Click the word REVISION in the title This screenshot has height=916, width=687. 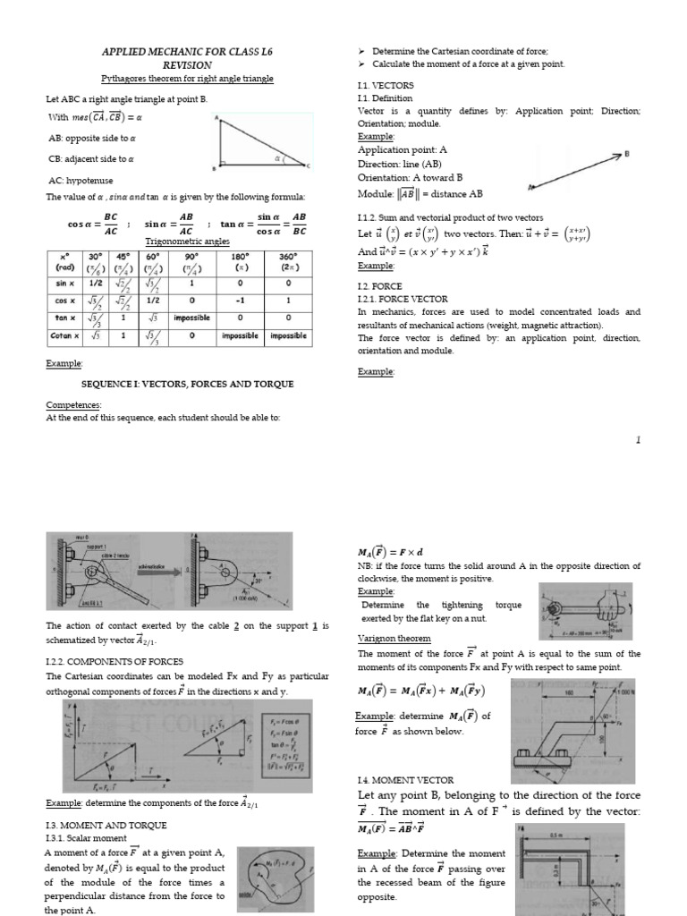(x=187, y=65)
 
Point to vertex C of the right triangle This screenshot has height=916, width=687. (x=309, y=166)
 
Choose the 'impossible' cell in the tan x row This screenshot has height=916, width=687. (x=192, y=318)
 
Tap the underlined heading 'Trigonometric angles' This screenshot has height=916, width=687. (x=187, y=242)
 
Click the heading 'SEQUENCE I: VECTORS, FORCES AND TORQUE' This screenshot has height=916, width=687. (x=187, y=384)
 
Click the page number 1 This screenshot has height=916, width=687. (x=638, y=440)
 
